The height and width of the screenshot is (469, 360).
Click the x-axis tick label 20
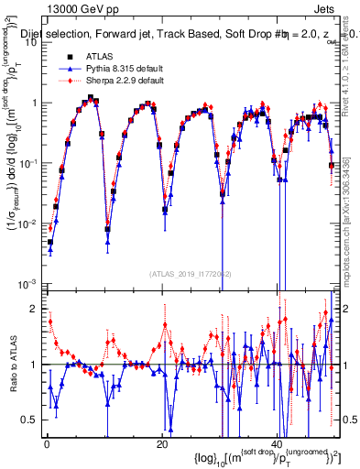161,446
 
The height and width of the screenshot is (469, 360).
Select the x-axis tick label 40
278,446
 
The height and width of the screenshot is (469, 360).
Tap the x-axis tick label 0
46,446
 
